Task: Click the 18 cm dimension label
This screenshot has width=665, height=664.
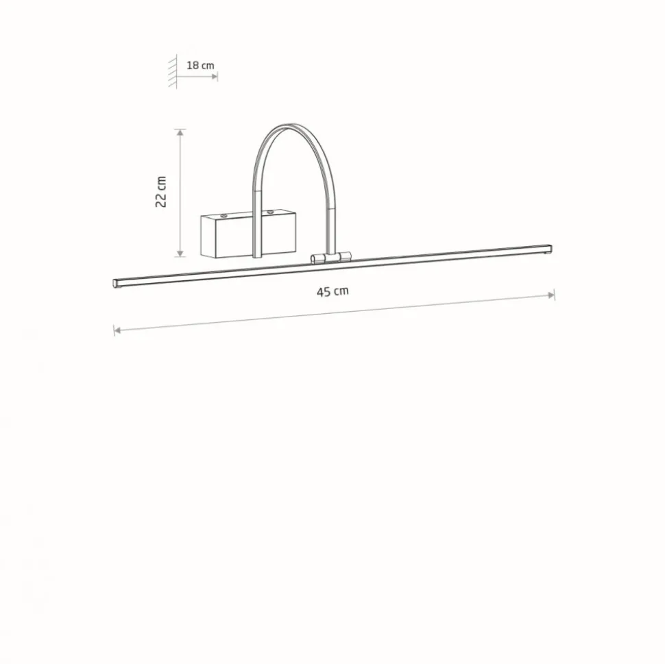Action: (x=200, y=65)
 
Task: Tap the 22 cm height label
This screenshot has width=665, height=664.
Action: (x=161, y=192)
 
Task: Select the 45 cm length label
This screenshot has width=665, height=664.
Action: (x=332, y=292)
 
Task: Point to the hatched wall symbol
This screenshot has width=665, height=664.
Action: (x=173, y=71)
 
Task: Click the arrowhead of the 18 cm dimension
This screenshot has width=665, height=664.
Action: (x=215, y=77)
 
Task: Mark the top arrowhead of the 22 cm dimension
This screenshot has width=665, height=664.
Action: (x=181, y=132)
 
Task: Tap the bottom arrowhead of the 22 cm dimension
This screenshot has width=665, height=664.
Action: (x=181, y=253)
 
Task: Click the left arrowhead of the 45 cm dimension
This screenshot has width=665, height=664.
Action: (x=117, y=330)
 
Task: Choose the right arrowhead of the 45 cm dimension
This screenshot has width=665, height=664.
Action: (x=551, y=295)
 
